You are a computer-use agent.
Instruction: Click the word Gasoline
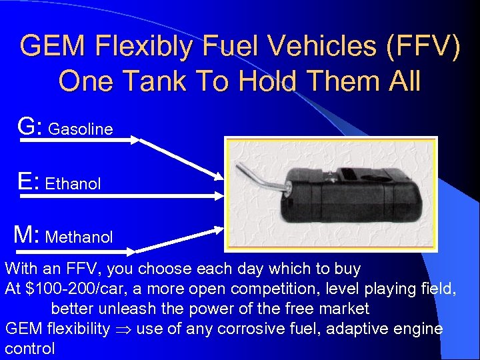coord(81,129)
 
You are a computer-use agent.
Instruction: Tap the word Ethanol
coord(73,184)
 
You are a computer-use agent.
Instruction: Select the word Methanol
coord(79,237)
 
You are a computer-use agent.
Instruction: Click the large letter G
coord(29,125)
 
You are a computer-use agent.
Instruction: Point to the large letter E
coord(27,181)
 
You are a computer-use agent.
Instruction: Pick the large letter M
coord(26,234)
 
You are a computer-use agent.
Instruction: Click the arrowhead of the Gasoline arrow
coord(221,177)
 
